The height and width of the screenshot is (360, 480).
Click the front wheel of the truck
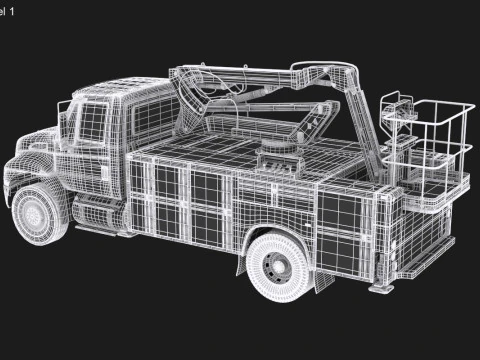pyautogui.click(x=40, y=215)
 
